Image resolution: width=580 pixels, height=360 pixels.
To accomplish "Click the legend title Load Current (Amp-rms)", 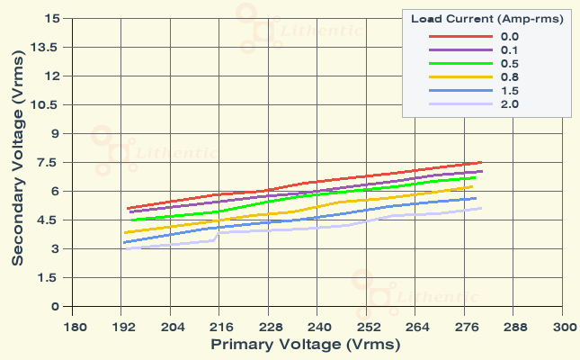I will [x=487, y=18].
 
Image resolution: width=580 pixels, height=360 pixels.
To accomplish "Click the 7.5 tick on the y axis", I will [x=47, y=162].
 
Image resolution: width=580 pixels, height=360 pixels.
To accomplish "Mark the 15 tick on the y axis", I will [x=51, y=18].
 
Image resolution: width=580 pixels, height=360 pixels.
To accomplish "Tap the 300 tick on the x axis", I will [x=563, y=327].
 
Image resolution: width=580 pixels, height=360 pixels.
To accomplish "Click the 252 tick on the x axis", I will [x=367, y=327].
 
